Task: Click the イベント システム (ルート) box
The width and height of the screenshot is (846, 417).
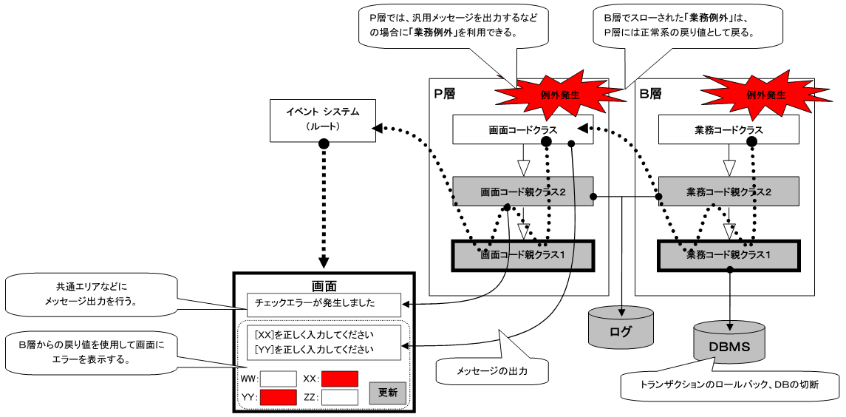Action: [x=322, y=121]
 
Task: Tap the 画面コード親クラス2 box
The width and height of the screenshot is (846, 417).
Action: [x=523, y=191]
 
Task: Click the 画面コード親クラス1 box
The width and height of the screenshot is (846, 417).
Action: [x=523, y=255]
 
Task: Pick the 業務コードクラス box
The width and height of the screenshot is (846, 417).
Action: [x=729, y=129]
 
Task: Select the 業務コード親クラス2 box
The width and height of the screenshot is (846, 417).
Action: [x=729, y=191]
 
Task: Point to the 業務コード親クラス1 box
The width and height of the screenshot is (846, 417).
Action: [x=729, y=255]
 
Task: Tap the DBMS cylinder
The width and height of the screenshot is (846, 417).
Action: [x=729, y=345]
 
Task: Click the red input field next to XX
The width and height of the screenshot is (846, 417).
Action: [x=339, y=378]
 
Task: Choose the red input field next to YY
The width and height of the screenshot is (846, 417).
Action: [x=278, y=397]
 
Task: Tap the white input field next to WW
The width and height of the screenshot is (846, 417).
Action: [x=278, y=378]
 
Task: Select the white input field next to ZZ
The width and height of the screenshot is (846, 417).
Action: [x=339, y=397]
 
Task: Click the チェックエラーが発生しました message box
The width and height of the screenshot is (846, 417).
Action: [x=324, y=302]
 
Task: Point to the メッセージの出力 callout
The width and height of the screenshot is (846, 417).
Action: [x=491, y=370]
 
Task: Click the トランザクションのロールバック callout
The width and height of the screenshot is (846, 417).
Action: [x=729, y=385]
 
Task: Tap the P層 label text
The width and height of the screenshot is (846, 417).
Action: [x=445, y=94]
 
